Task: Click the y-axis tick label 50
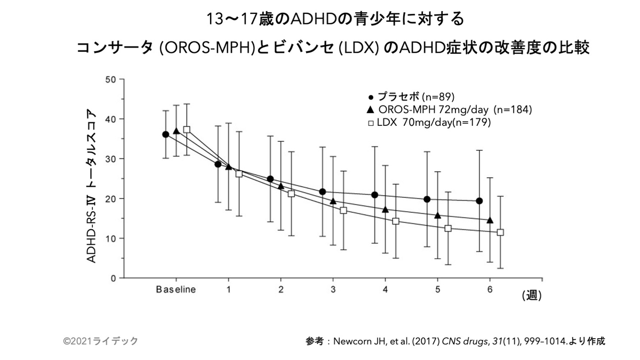click(x=111, y=79)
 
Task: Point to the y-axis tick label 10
click(x=111, y=238)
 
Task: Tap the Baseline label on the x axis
click(x=176, y=290)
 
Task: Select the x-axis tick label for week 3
click(x=333, y=290)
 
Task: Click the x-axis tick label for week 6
click(x=490, y=290)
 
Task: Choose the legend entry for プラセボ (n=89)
click(x=410, y=98)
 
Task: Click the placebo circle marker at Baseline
click(x=166, y=134)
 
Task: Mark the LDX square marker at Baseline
click(x=187, y=130)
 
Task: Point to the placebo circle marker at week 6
click(x=479, y=201)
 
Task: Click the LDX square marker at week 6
click(x=500, y=232)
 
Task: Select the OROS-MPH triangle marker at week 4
click(x=385, y=210)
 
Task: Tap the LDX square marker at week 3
click(x=343, y=210)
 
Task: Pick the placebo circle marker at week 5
click(x=427, y=199)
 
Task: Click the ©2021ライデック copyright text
click(x=100, y=341)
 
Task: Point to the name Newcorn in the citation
click(x=350, y=341)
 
